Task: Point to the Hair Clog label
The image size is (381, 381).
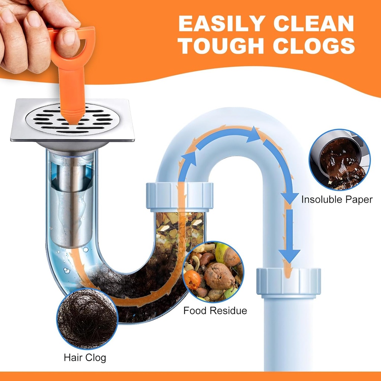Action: tap(85, 358)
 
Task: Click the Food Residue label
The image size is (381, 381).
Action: tap(215, 310)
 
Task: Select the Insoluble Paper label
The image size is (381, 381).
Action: tap(337, 199)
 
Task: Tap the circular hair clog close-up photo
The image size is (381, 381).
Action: tap(87, 318)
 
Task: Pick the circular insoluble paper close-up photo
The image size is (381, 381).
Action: tap(340, 160)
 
